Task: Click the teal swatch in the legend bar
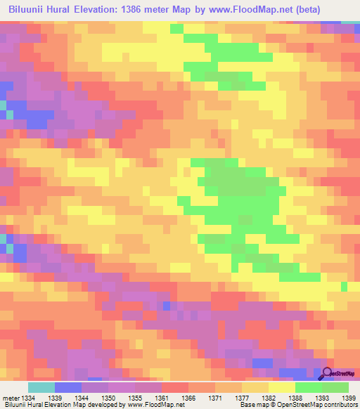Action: [41, 387]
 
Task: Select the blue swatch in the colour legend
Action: [67, 387]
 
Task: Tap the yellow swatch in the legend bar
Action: [281, 387]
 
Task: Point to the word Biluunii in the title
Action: [29, 10]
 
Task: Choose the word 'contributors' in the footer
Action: [340, 405]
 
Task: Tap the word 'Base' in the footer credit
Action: [247, 405]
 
